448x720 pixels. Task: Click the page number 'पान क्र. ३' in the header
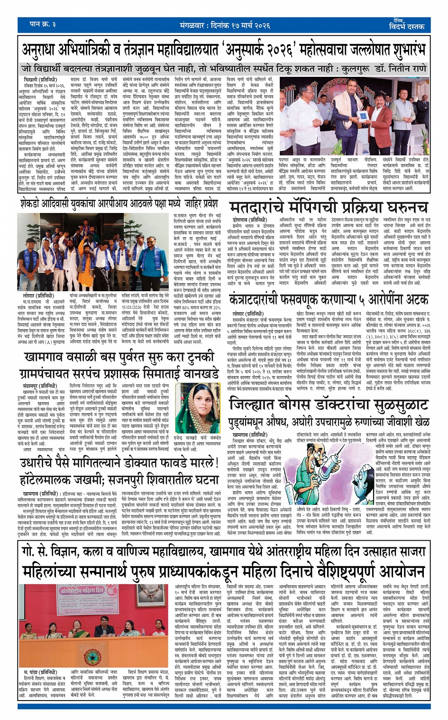[x=43, y=24]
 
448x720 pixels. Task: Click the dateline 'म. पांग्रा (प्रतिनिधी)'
[x=41, y=672]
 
